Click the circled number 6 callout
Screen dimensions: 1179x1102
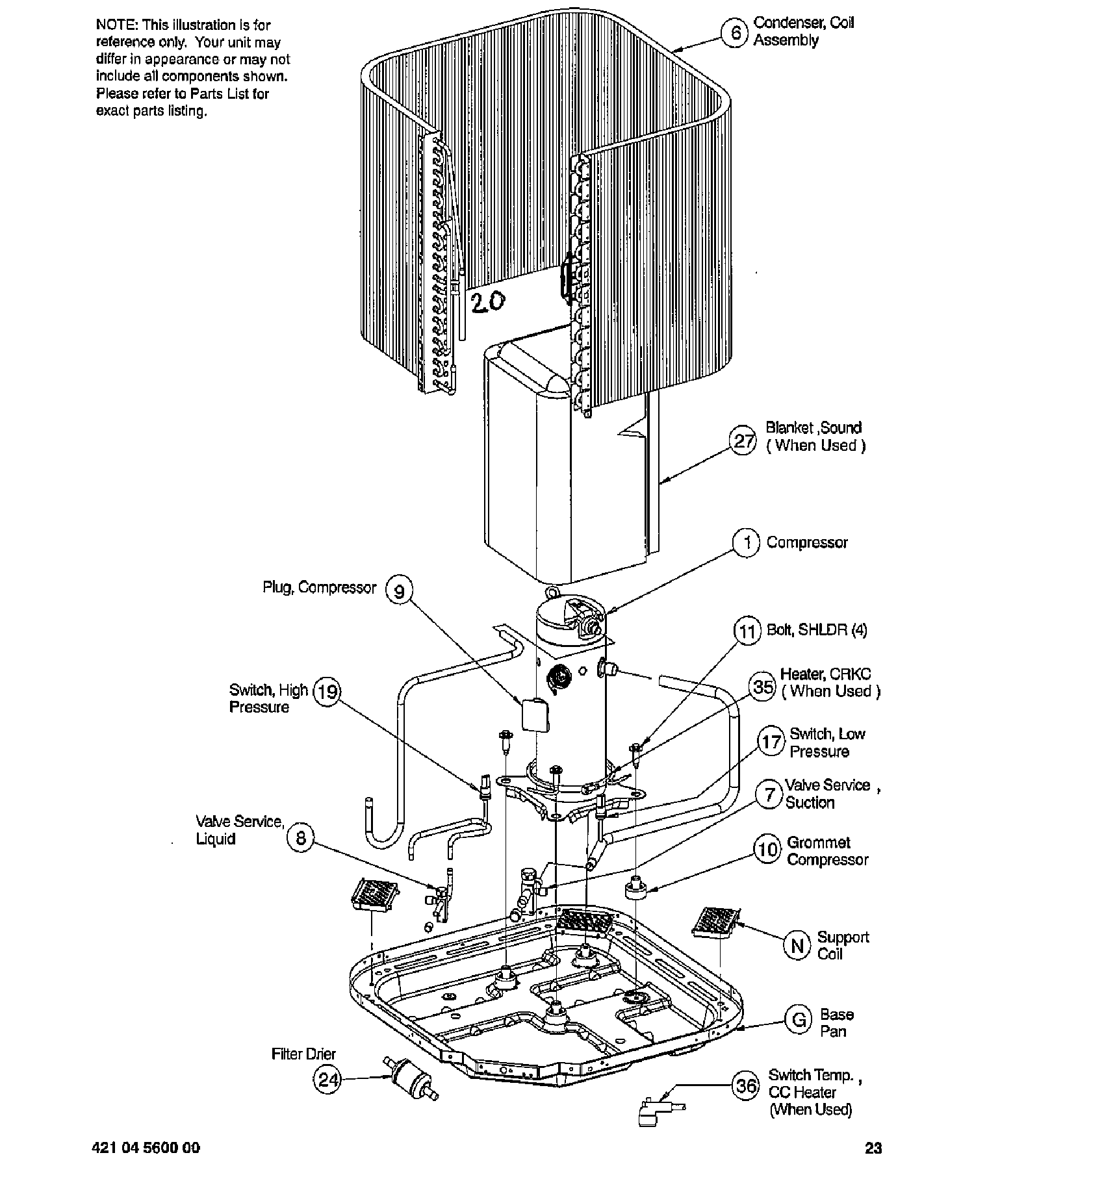pyautogui.click(x=735, y=32)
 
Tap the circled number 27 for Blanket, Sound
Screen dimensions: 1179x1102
pyautogui.click(x=744, y=442)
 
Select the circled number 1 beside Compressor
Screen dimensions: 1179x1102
pyautogui.click(x=747, y=542)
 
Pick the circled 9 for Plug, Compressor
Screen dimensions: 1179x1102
pyautogui.click(x=400, y=591)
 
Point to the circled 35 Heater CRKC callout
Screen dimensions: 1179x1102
pyautogui.click(x=763, y=687)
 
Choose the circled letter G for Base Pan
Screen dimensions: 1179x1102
pyautogui.click(x=799, y=1020)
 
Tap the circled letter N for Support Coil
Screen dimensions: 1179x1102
pyautogui.click(x=797, y=945)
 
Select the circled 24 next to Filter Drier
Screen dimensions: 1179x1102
pyautogui.click(x=327, y=1080)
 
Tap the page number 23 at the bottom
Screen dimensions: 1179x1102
pyautogui.click(x=873, y=1148)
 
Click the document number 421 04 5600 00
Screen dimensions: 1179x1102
pyautogui.click(x=147, y=1148)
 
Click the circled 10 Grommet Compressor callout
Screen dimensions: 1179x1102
pyautogui.click(x=767, y=850)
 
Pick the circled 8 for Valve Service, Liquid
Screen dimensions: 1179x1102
pyautogui.click(x=300, y=838)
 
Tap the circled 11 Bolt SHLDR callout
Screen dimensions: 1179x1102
pyautogui.click(x=747, y=631)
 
